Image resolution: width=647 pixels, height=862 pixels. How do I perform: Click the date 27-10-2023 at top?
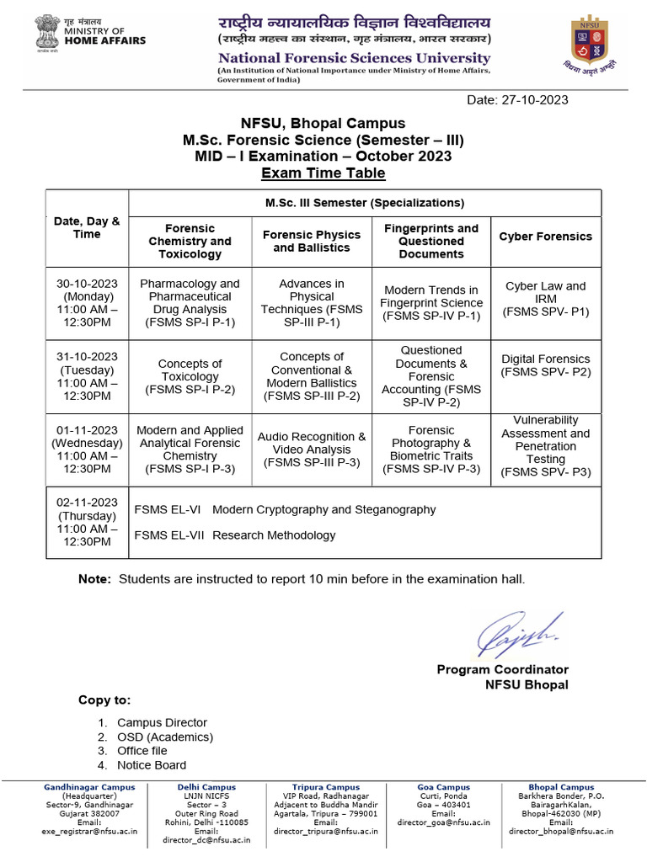click(x=517, y=100)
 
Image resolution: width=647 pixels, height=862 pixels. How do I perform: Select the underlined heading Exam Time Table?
click(x=323, y=173)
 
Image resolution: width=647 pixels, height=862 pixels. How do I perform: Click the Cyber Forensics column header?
click(x=545, y=237)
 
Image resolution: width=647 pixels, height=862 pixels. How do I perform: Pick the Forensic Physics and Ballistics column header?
click(x=312, y=241)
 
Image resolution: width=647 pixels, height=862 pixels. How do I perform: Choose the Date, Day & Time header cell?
click(x=87, y=227)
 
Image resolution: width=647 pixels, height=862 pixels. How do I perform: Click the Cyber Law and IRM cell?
click(x=545, y=299)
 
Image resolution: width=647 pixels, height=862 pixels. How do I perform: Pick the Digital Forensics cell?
click(x=545, y=364)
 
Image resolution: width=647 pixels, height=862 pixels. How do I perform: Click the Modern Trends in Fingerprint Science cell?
click(x=431, y=303)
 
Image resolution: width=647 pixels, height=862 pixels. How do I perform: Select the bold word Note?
click(x=94, y=579)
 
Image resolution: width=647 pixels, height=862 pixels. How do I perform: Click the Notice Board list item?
click(x=152, y=765)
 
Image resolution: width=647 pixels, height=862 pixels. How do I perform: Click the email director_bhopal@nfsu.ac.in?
click(x=561, y=831)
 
